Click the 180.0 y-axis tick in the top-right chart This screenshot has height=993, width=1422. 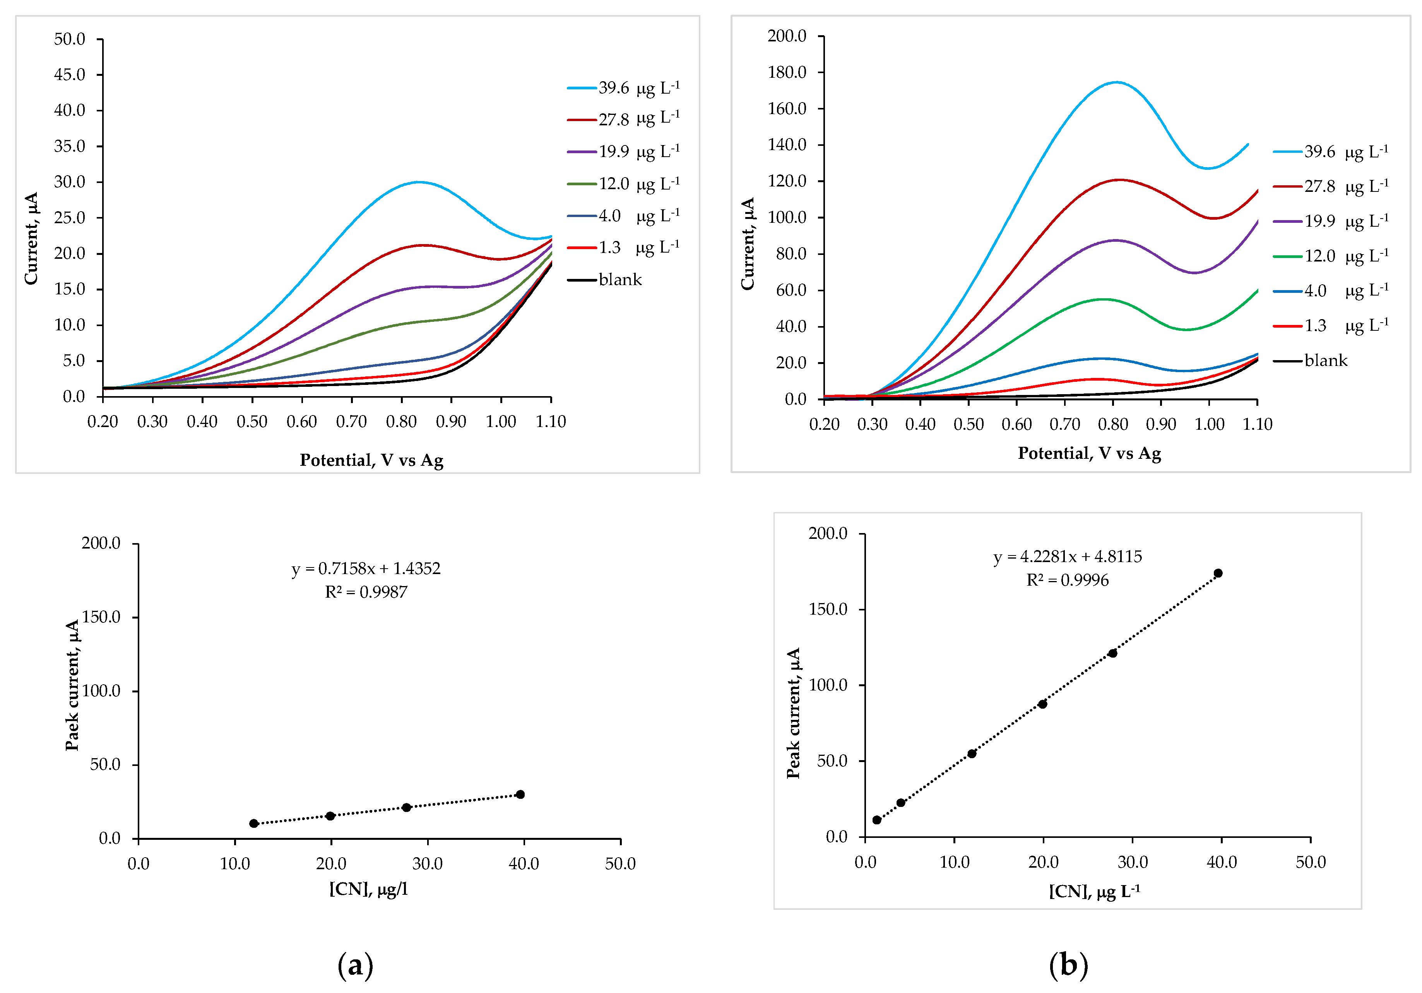coord(787,72)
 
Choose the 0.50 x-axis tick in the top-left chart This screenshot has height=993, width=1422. coord(252,422)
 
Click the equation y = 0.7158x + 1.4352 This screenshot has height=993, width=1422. coord(366,568)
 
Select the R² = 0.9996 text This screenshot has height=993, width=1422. coord(1067,580)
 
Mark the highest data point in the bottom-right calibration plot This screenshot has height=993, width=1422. coord(1218,573)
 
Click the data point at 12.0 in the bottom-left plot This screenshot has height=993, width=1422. coord(254,823)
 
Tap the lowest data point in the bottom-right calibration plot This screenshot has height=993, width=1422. coord(876,820)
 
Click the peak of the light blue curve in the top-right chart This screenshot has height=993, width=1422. coord(1116,82)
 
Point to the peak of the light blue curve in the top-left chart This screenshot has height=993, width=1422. coord(419,182)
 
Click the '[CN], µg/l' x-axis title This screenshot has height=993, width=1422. coord(368,890)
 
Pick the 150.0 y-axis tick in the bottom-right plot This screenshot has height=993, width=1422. coord(828,609)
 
